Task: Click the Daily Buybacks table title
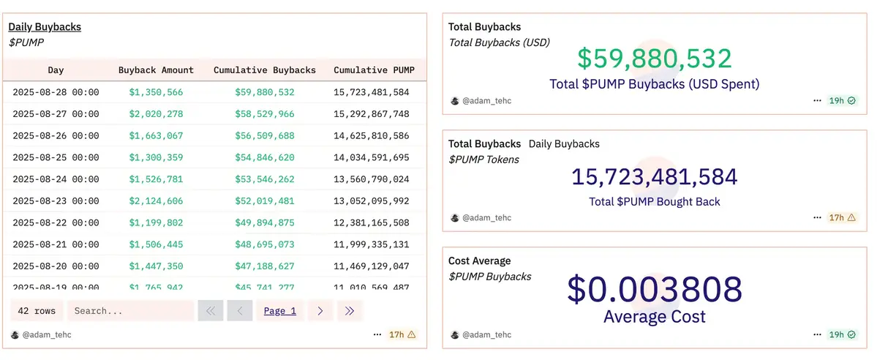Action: point(45,27)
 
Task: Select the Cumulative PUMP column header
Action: point(374,70)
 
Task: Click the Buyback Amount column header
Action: point(156,70)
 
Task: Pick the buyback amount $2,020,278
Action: point(156,114)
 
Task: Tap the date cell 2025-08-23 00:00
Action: point(56,201)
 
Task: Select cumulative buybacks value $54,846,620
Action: point(265,157)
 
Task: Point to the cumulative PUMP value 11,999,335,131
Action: point(371,244)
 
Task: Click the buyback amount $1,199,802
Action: point(156,222)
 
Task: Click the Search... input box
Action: point(130,311)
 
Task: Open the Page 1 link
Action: point(279,311)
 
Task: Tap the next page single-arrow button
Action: point(320,311)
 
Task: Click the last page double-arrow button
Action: point(350,311)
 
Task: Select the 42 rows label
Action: point(37,311)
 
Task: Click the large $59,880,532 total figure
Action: point(654,59)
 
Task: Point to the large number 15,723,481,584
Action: point(654,177)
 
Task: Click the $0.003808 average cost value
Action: point(654,290)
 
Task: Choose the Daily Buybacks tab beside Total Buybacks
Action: point(564,144)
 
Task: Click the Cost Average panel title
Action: point(479,261)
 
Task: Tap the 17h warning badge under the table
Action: point(402,334)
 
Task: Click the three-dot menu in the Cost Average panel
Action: point(817,334)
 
